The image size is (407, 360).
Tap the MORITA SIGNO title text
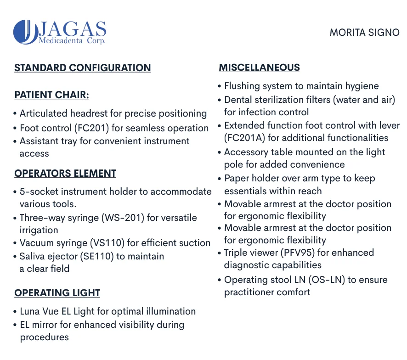(x=364, y=33)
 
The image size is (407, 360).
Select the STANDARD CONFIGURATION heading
(x=83, y=68)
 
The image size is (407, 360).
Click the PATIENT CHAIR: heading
(x=51, y=95)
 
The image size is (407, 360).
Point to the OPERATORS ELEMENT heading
(x=65, y=174)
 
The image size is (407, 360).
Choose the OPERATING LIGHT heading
(x=57, y=293)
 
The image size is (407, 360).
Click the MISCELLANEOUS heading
(x=259, y=67)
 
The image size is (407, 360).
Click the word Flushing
(x=243, y=86)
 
